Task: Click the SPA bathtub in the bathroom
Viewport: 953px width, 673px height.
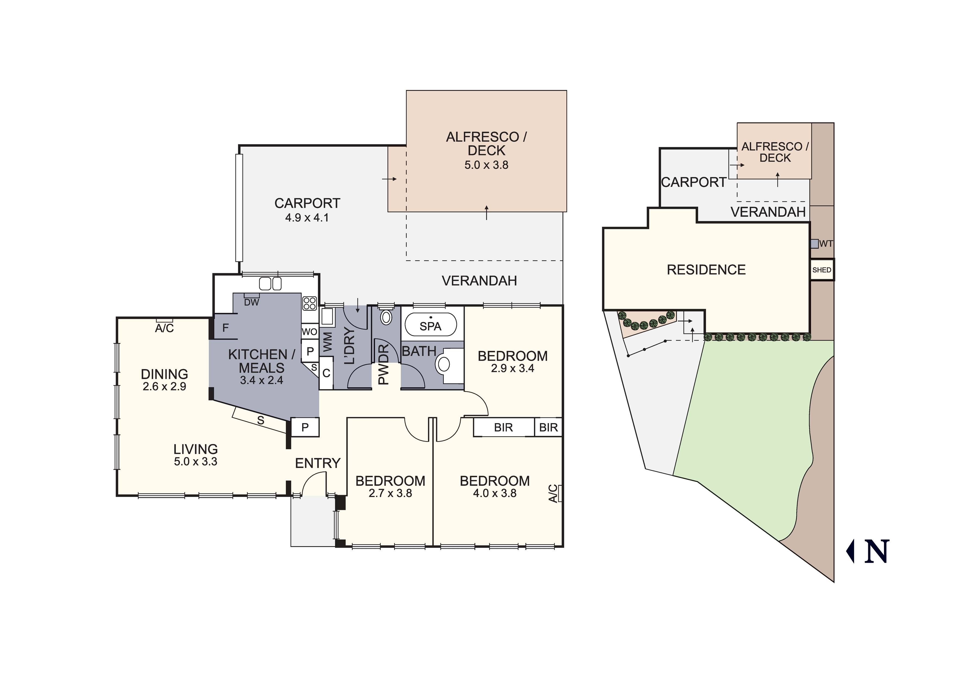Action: tap(430, 325)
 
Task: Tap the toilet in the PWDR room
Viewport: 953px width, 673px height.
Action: tap(386, 317)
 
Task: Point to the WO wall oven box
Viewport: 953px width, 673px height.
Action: tap(310, 332)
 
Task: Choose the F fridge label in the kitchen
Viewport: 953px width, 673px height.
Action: tap(225, 328)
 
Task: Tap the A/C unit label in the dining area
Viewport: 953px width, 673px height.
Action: tap(164, 328)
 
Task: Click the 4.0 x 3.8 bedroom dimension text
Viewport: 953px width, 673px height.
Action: tap(495, 493)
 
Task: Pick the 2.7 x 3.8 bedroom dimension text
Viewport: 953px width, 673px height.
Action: tap(390, 493)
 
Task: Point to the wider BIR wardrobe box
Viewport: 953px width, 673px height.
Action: tap(504, 427)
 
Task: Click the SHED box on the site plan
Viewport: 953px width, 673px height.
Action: tap(822, 270)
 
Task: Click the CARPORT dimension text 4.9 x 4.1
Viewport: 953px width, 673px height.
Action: tap(307, 218)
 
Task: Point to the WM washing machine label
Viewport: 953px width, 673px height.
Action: tap(327, 342)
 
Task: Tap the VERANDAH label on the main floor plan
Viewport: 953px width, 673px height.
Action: tap(479, 281)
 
